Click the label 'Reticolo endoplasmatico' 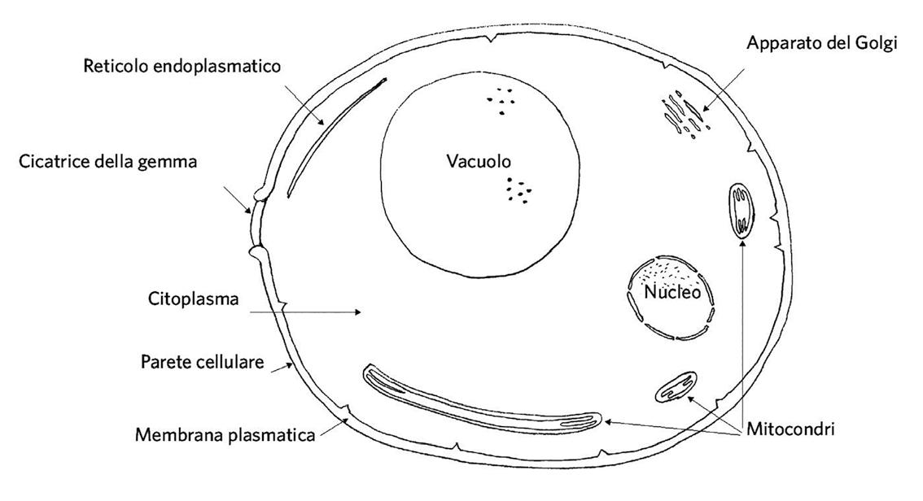tap(182, 65)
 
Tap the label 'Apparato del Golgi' tap(822, 43)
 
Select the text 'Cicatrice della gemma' tap(108, 162)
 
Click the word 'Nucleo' tap(671, 292)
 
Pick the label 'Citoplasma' tap(193, 299)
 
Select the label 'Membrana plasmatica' tap(225, 435)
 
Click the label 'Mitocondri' tap(791, 429)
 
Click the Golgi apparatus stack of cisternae tap(682, 115)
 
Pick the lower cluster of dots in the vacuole tap(518, 190)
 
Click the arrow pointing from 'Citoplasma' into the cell tap(304, 311)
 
